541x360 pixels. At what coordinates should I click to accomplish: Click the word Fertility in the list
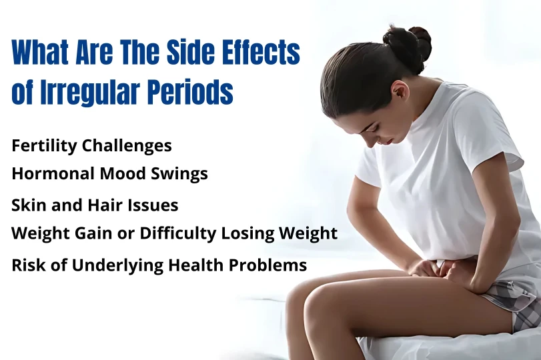click(41, 145)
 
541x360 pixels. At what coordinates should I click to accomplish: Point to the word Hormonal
click(48, 174)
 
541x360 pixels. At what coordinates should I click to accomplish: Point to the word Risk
click(27, 265)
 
